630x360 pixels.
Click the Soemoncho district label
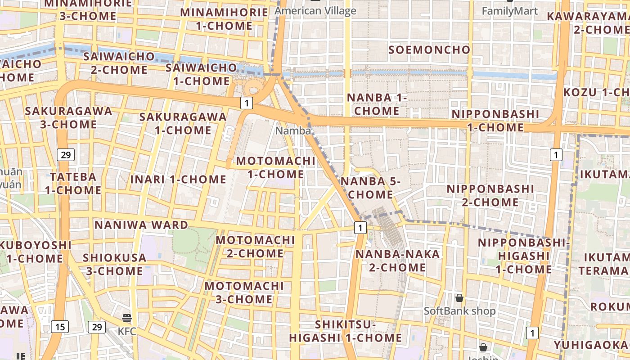(x=429, y=49)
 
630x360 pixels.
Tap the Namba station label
(x=293, y=131)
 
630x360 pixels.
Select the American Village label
(x=315, y=11)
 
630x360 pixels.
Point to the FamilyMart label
(x=509, y=11)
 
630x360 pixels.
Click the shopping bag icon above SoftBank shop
(x=459, y=298)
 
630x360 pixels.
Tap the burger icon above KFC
(x=127, y=318)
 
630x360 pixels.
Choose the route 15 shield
(x=60, y=327)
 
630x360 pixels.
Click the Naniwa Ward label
(x=141, y=225)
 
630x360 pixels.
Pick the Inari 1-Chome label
(x=178, y=179)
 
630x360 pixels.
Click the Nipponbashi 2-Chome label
(x=490, y=195)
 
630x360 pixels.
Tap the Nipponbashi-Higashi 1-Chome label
(x=524, y=256)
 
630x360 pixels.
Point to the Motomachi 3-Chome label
(x=244, y=292)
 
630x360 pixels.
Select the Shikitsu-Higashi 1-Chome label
(x=345, y=331)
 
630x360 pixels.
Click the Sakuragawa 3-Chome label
(x=68, y=117)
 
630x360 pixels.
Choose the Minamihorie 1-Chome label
(x=224, y=19)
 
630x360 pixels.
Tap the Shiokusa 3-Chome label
(x=114, y=265)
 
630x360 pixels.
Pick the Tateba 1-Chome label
(x=73, y=183)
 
